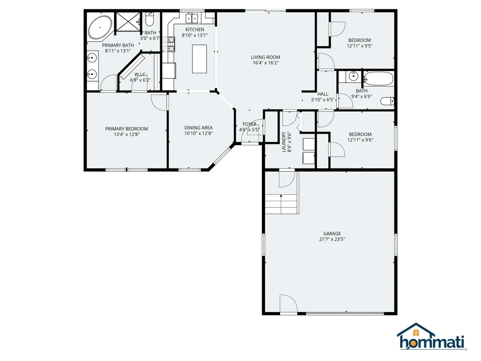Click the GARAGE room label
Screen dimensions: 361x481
click(332, 234)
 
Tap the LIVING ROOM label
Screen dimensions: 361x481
click(265, 57)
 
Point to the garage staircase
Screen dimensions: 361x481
click(281, 204)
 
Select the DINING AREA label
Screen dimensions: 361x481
click(198, 128)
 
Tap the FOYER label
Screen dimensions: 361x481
click(249, 124)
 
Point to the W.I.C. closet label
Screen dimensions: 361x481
click(140, 74)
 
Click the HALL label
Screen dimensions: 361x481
click(323, 94)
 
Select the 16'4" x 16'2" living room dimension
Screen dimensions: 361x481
click(265, 63)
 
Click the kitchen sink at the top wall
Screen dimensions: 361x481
click(192, 19)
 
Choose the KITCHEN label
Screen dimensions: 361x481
click(194, 30)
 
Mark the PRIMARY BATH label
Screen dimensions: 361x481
click(118, 45)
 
